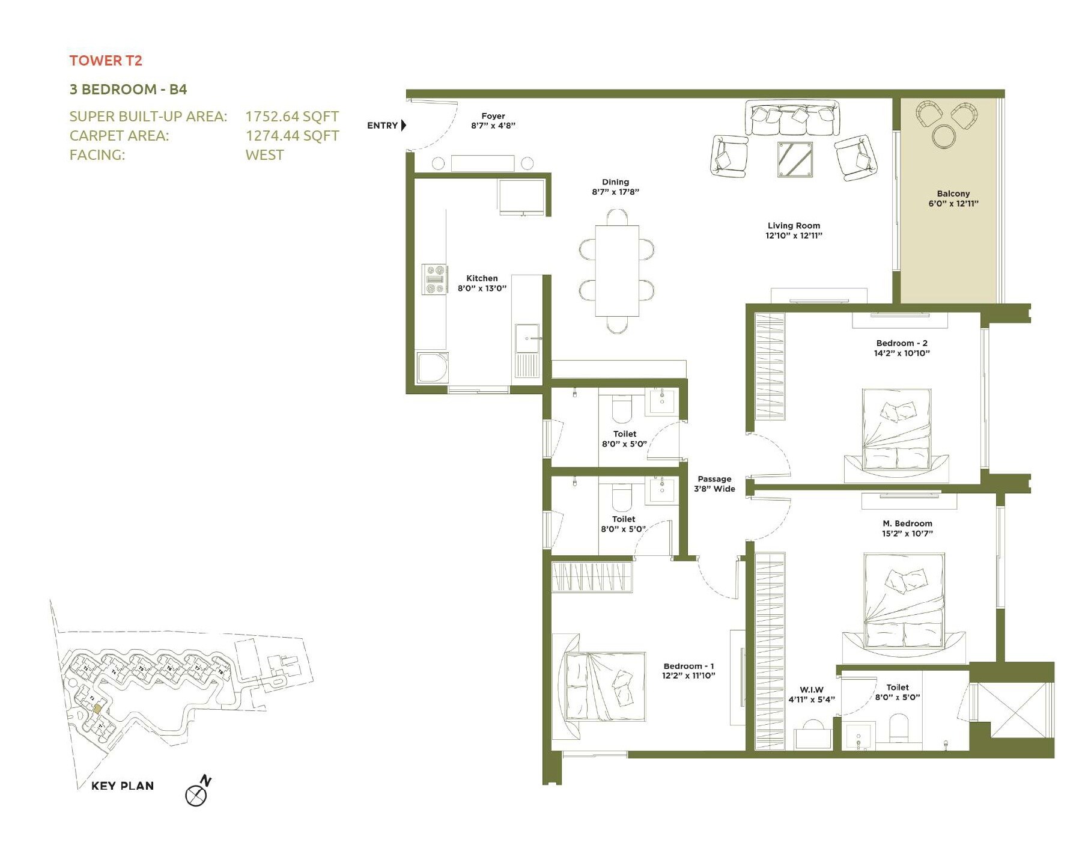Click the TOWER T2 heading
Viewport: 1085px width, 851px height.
pyautogui.click(x=106, y=61)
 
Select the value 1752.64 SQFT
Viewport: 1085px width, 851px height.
pyautogui.click(x=292, y=117)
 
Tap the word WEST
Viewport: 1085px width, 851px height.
pyautogui.click(x=264, y=155)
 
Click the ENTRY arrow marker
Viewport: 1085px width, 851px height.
pyautogui.click(x=404, y=125)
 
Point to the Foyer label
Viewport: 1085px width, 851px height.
pyautogui.click(x=493, y=116)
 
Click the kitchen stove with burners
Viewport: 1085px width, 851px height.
pyautogui.click(x=434, y=279)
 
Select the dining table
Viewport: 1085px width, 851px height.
pyautogui.click(x=616, y=270)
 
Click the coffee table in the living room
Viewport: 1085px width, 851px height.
pyautogui.click(x=795, y=159)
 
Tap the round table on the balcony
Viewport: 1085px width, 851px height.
pyautogui.click(x=944, y=136)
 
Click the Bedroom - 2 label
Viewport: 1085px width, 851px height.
pyautogui.click(x=901, y=343)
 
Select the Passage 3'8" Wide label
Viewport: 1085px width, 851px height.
pyautogui.click(x=714, y=484)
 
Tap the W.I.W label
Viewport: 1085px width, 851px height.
pyautogui.click(x=811, y=690)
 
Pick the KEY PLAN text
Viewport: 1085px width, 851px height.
pyautogui.click(x=123, y=786)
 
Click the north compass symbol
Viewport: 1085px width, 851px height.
pyautogui.click(x=197, y=793)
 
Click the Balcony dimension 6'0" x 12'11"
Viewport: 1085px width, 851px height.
pyautogui.click(x=953, y=204)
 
